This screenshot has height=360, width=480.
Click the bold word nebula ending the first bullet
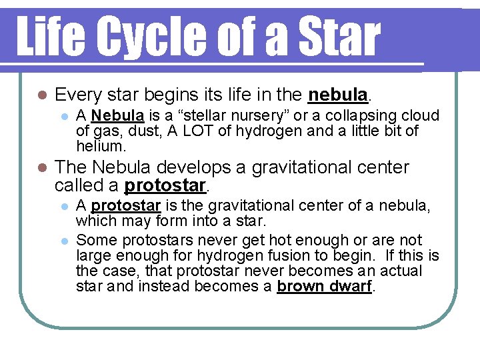pyautogui.click(x=338, y=95)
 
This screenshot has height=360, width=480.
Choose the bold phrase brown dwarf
pyautogui.click(x=325, y=287)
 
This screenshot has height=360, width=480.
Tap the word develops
pyautogui.click(x=176, y=167)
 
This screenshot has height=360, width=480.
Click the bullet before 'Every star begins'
pyautogui.click(x=41, y=95)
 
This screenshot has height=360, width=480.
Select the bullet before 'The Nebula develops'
pyautogui.click(x=41, y=167)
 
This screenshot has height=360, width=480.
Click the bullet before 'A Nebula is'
pyautogui.click(x=64, y=116)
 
